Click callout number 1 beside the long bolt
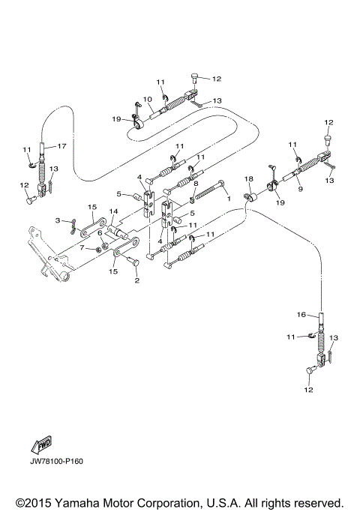pos(228,202)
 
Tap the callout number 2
pos(136,280)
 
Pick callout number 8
pos(196,183)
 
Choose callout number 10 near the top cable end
pos(147,99)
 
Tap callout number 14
pos(113,212)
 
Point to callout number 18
pos(250,180)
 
